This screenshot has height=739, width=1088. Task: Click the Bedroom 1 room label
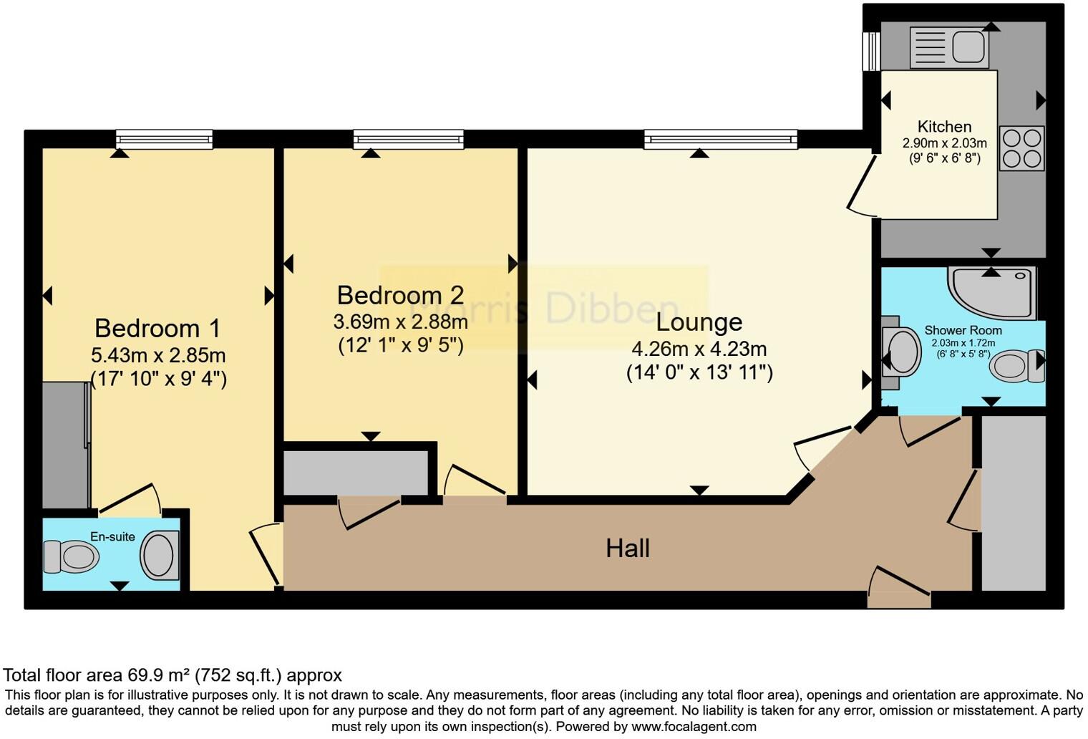tap(157, 328)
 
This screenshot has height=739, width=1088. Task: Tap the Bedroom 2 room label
tap(400, 295)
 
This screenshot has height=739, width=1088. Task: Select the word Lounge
tap(699, 322)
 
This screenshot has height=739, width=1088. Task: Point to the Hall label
tap(628, 549)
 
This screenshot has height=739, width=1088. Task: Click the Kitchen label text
tap(944, 127)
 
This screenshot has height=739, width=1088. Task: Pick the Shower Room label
tap(963, 330)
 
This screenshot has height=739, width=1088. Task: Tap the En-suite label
tap(112, 536)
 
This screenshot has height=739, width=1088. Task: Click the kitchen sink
tap(949, 47)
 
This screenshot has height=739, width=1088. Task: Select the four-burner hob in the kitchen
tap(1022, 148)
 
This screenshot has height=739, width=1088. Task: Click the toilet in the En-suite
tap(72, 556)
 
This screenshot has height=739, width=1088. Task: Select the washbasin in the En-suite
tap(160, 555)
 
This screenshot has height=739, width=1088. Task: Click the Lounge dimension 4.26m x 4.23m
tap(699, 349)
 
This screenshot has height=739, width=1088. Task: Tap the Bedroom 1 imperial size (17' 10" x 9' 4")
tap(158, 378)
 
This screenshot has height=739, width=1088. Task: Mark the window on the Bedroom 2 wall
tap(408, 139)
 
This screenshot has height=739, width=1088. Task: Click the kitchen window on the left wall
tap(871, 52)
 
